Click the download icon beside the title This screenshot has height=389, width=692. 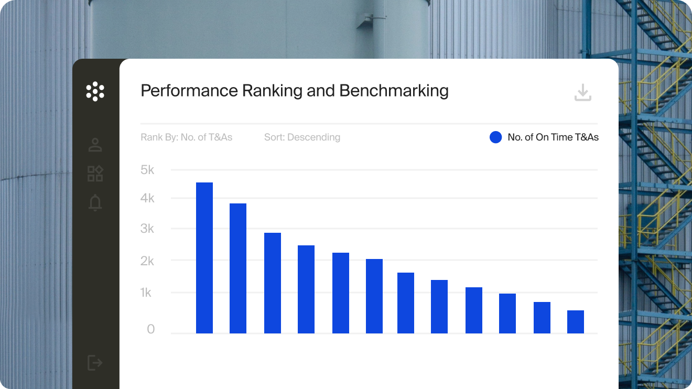[x=583, y=93]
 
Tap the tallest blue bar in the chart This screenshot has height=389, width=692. [x=204, y=257]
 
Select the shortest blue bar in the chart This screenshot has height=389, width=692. [x=575, y=321]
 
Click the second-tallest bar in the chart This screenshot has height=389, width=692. [x=238, y=268]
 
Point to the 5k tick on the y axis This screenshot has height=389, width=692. [x=148, y=170]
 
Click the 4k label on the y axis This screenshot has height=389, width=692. [x=148, y=198]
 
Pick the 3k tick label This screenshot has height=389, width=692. [x=148, y=229]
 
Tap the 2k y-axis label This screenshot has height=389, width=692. [x=148, y=261]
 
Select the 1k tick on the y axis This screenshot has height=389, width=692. [x=146, y=293]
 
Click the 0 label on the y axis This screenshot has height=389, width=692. [x=151, y=329]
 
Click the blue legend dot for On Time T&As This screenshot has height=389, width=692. [x=495, y=137]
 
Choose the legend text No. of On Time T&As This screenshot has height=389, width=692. [x=553, y=137]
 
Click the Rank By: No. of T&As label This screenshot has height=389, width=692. [x=186, y=137]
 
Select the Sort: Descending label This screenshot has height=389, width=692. [x=302, y=137]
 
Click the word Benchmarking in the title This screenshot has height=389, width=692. [x=394, y=91]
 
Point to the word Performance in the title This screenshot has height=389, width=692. [x=189, y=91]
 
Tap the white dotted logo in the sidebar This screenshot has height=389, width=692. [x=95, y=91]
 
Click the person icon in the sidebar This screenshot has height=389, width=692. [x=95, y=145]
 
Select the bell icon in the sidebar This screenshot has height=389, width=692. [x=95, y=202]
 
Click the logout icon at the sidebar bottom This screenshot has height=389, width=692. [x=95, y=362]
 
